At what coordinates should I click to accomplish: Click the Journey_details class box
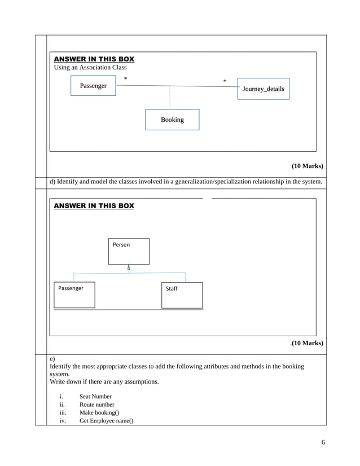(x=263, y=89)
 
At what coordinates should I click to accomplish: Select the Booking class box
(x=172, y=120)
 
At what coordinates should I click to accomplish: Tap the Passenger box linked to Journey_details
(x=93, y=86)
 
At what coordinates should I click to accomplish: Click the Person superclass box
(x=129, y=251)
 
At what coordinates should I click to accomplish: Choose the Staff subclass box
(x=182, y=294)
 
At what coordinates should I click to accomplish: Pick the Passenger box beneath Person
(x=74, y=294)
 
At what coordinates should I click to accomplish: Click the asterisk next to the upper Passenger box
(x=125, y=80)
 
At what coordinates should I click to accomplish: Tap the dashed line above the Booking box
(x=170, y=98)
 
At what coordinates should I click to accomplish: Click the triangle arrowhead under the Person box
(x=129, y=267)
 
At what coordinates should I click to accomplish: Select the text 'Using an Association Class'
(x=90, y=68)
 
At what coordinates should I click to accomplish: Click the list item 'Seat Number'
(x=95, y=397)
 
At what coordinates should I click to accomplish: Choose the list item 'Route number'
(x=96, y=405)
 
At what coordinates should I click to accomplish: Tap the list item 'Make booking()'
(x=99, y=412)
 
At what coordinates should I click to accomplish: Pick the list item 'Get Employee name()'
(x=106, y=420)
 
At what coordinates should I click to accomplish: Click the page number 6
(x=323, y=442)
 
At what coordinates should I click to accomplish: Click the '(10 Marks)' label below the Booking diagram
(x=307, y=166)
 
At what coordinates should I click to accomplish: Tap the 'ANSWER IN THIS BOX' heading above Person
(x=94, y=206)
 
